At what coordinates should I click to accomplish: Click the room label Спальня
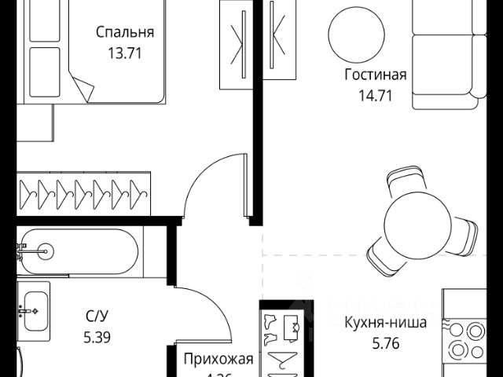click(x=125, y=32)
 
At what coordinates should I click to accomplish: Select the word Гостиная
click(x=375, y=75)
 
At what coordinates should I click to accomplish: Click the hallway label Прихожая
click(x=218, y=360)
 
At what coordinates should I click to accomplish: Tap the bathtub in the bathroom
click(x=79, y=252)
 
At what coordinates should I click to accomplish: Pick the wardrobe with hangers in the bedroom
click(x=82, y=190)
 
